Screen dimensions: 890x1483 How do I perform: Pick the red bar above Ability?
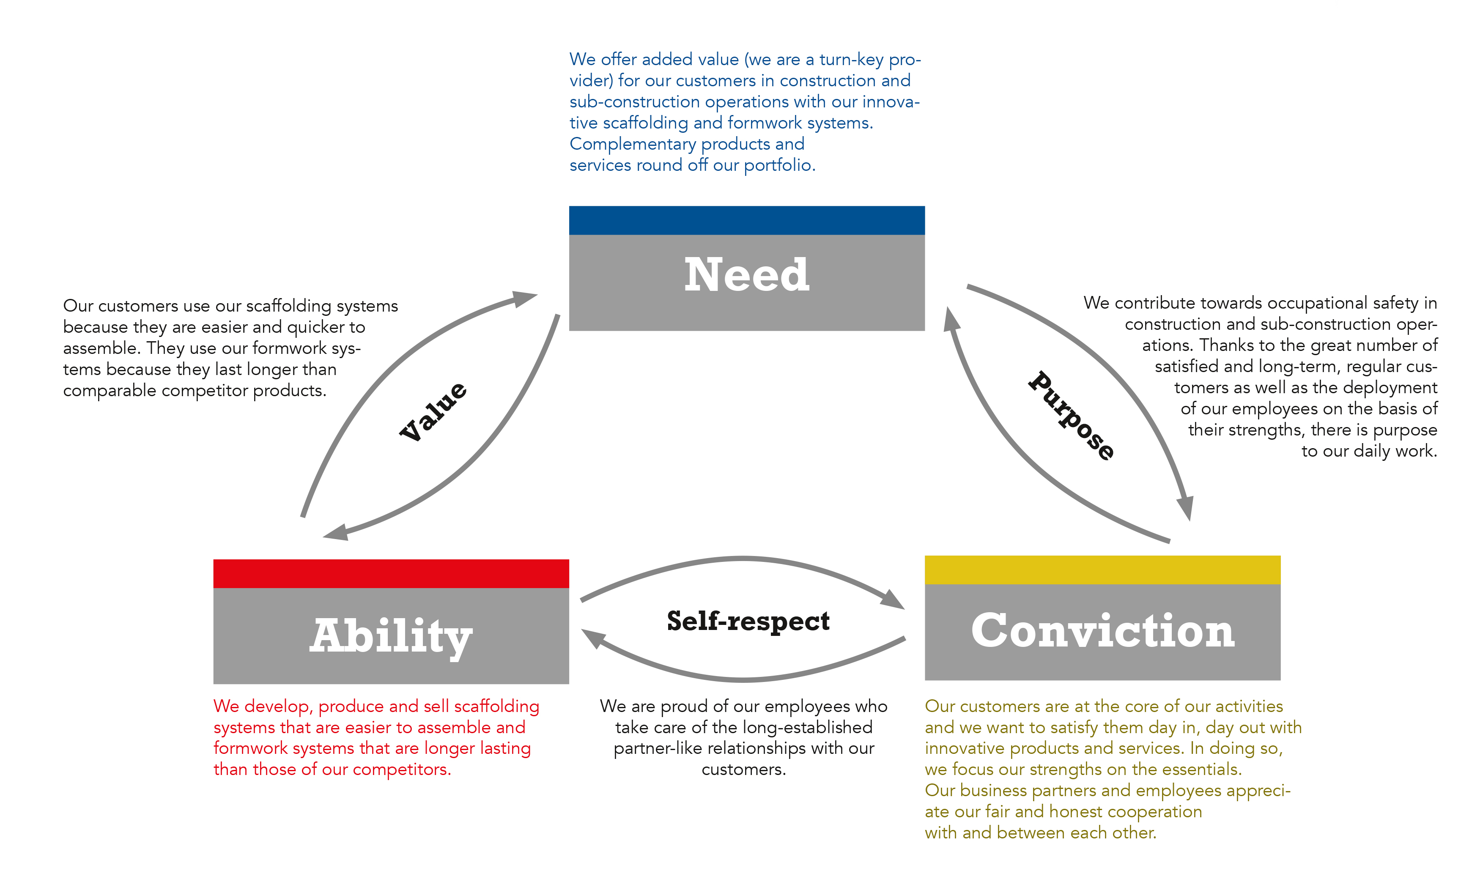pos(391,573)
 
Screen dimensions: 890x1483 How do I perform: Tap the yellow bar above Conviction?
pos(1102,570)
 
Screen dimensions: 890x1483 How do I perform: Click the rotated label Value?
pos(433,411)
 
